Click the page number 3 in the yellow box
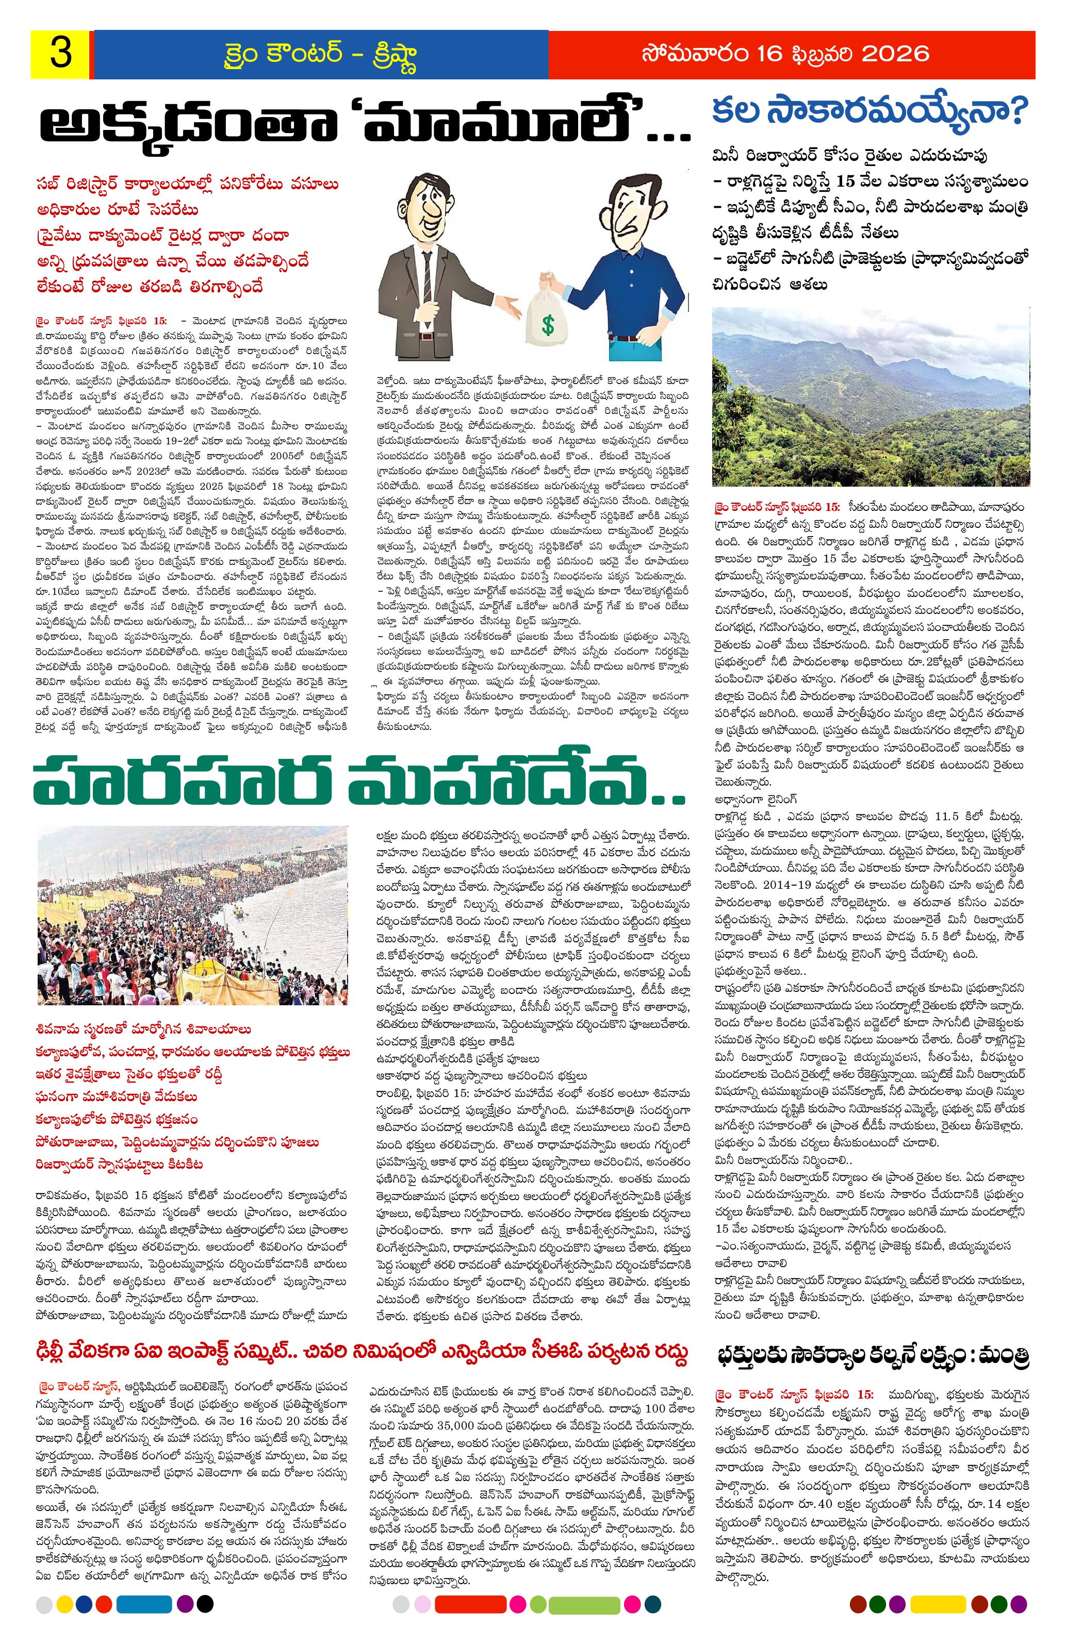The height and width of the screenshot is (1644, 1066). click(x=61, y=55)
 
